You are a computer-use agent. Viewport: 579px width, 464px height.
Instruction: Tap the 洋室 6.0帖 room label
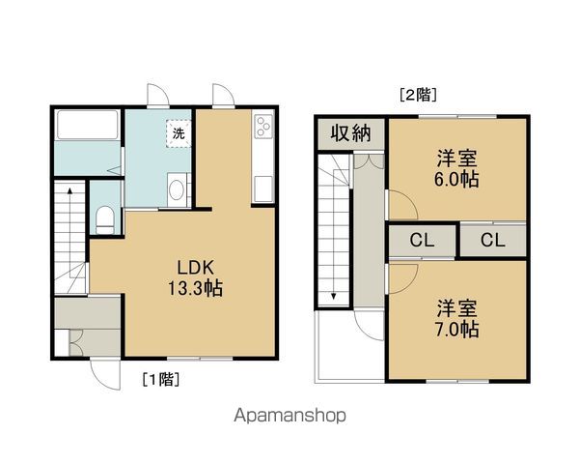click(x=457, y=168)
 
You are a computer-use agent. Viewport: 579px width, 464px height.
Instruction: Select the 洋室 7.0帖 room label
click(x=457, y=318)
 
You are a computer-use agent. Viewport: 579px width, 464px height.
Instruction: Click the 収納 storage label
click(x=351, y=133)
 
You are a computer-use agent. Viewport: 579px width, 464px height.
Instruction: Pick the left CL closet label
click(x=421, y=241)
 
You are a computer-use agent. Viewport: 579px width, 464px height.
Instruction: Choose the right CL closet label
click(x=492, y=241)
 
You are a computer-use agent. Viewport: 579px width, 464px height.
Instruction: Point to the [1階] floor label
click(x=161, y=378)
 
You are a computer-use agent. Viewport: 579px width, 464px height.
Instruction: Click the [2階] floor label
click(x=418, y=95)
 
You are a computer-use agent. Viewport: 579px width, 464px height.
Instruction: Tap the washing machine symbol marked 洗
click(x=178, y=133)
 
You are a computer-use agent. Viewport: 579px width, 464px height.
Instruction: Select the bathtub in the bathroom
click(x=87, y=127)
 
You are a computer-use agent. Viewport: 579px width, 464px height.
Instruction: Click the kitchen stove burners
click(x=263, y=128)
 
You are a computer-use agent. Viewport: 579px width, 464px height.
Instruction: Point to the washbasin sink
click(x=177, y=189)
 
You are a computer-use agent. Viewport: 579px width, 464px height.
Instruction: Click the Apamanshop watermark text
click(x=289, y=417)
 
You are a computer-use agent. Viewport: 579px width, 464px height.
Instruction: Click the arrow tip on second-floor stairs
click(x=333, y=296)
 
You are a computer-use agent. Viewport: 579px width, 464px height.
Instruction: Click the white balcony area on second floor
click(x=350, y=352)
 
